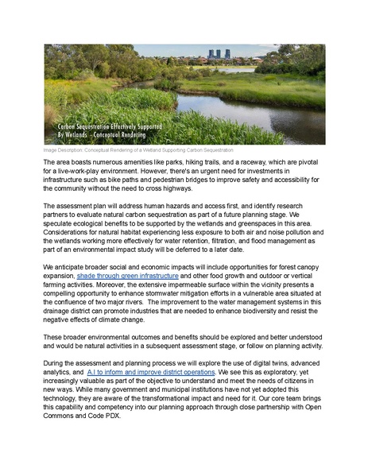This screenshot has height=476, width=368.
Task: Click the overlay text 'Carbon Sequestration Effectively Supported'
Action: (x=109, y=127)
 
